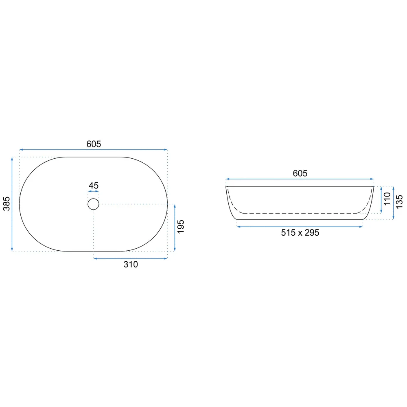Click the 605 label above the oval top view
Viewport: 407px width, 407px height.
point(94,144)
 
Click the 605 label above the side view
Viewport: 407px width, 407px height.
point(300,173)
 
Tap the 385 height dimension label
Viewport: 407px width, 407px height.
point(7,204)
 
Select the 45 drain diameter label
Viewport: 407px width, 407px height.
point(94,186)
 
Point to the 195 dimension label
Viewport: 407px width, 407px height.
point(181,227)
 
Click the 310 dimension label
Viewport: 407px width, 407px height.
point(131,265)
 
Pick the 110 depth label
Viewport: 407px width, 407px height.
point(387,199)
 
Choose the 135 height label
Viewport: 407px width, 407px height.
point(399,202)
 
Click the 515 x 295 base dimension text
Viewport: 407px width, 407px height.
point(300,232)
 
